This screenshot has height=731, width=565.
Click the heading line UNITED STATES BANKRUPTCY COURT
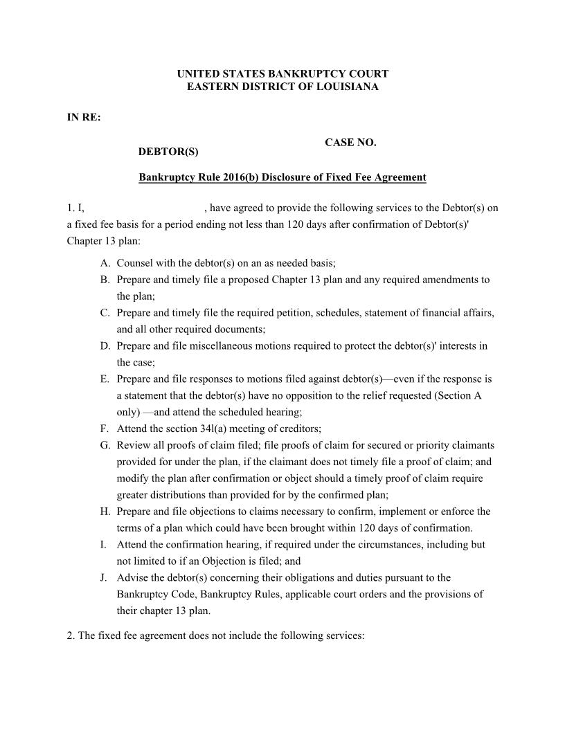[282, 73]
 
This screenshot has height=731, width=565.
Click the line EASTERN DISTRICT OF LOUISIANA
[282, 87]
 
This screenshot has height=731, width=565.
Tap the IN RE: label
[84, 118]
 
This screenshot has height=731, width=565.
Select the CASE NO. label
[350, 143]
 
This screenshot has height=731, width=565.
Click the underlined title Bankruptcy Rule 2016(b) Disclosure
[282, 177]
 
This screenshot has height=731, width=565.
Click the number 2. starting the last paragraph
[71, 636]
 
